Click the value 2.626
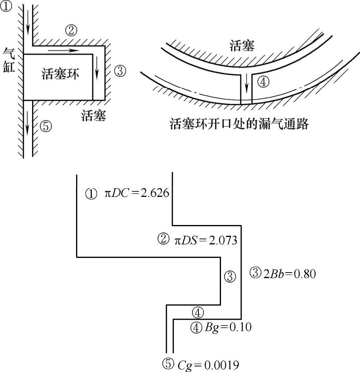(x=155, y=194)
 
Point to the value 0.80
(x=304, y=273)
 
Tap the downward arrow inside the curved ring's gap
(x=247, y=84)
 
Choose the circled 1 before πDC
(x=91, y=194)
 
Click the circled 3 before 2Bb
(x=256, y=273)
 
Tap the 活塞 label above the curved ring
(x=242, y=46)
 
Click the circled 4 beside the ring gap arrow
(x=263, y=82)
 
